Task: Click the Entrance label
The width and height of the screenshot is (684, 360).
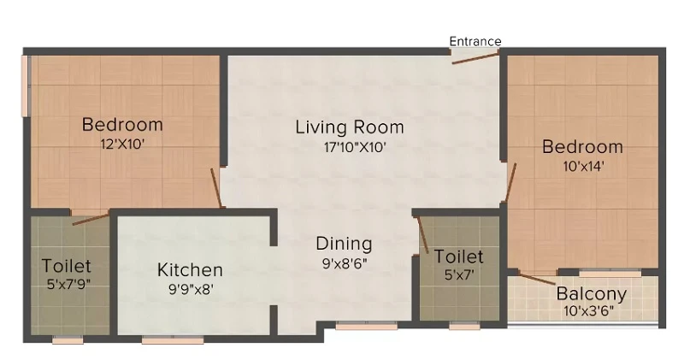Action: point(475,41)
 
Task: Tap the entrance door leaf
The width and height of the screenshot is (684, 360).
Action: point(475,58)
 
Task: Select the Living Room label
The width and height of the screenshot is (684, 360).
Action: point(350,127)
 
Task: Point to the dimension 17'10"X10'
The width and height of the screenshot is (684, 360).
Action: point(355,147)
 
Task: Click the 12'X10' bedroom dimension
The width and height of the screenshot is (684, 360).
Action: point(122,144)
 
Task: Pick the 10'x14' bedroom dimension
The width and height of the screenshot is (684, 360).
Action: point(583,166)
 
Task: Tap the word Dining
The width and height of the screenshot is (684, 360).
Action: point(345,244)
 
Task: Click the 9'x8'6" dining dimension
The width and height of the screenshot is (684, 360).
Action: point(345,263)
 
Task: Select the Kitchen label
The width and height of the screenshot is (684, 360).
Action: point(190,269)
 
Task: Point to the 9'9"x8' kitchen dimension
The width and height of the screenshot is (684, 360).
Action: point(191,289)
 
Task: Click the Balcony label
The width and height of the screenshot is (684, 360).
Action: point(592,293)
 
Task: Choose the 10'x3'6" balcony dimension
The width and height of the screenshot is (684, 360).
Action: point(588,311)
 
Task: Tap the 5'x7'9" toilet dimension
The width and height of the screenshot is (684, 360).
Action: point(68,285)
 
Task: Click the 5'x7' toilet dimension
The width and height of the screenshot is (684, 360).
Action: point(459,274)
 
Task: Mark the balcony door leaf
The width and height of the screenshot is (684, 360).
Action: point(537,279)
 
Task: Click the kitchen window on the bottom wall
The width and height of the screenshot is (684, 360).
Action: point(173,339)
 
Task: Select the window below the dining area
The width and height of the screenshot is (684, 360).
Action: point(367,326)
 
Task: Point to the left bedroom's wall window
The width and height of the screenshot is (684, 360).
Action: point(25,86)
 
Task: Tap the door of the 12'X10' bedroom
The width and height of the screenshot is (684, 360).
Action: point(217,188)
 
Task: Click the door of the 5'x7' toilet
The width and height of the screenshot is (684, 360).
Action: point(422,235)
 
